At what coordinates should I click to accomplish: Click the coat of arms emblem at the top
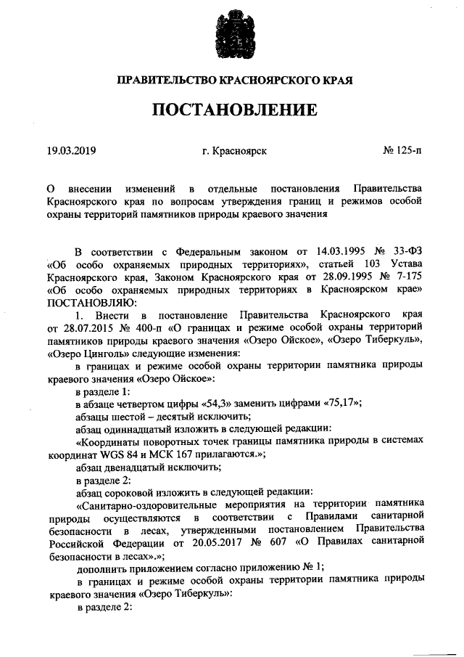click(233, 33)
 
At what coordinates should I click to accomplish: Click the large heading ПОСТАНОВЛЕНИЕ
click(233, 110)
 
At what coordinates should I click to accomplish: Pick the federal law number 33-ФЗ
click(402, 251)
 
